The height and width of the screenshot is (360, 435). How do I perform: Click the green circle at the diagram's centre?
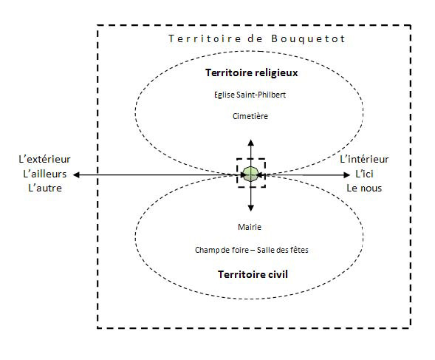point(251,174)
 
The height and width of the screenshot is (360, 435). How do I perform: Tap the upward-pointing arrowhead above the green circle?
point(251,143)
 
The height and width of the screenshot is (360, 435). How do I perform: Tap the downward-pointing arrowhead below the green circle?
point(251,208)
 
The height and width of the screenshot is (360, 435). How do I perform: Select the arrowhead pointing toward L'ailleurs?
point(76,174)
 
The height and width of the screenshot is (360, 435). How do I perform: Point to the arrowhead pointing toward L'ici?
point(346,174)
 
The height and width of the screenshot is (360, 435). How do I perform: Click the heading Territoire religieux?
point(251,72)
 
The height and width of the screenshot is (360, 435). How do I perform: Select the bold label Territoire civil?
point(253,274)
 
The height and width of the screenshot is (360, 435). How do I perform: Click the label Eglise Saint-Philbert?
point(250,95)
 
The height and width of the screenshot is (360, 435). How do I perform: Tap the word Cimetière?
point(250,116)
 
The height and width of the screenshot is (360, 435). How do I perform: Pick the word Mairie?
point(250,227)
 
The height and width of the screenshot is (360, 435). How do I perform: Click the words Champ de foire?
point(222,251)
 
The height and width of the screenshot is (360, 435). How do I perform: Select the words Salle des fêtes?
point(282,250)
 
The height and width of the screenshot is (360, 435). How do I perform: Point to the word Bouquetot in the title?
point(308,38)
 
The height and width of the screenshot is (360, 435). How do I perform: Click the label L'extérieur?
point(44,160)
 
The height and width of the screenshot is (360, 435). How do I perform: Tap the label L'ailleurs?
point(45,174)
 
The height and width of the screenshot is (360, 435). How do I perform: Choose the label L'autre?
point(45,189)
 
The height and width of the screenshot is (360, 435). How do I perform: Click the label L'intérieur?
point(364,160)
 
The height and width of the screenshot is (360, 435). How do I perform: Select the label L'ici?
point(364,174)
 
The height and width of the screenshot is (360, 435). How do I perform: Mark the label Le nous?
point(364,189)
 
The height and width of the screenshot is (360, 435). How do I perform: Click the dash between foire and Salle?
point(253,251)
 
